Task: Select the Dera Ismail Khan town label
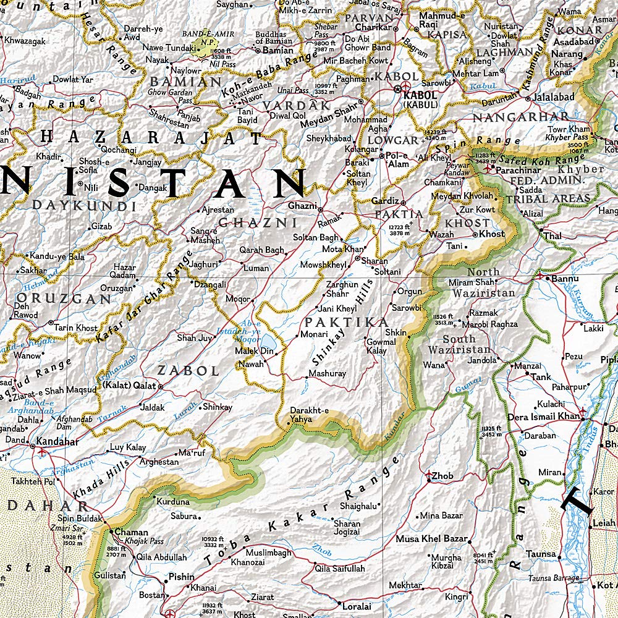click(543, 417)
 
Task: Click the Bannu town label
click(565, 279)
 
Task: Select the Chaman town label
click(132, 532)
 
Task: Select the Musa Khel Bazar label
click(432, 539)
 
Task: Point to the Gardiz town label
click(385, 201)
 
